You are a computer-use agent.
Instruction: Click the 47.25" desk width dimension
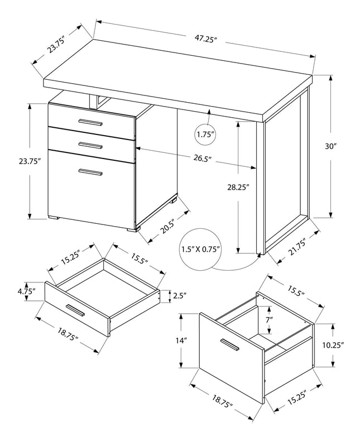tap(205, 40)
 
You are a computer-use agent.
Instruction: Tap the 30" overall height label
tap(332, 146)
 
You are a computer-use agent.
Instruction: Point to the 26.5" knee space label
tap(202, 159)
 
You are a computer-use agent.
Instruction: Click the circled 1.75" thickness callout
tap(205, 135)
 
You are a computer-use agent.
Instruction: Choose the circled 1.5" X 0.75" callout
tap(200, 249)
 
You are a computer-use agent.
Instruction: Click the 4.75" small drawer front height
tap(26, 291)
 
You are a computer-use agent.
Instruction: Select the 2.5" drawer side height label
tap(180, 295)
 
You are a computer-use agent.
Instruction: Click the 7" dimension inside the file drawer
tap(270, 320)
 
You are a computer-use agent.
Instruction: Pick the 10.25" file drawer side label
tap(336, 344)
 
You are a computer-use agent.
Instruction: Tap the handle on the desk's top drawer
tap(90, 122)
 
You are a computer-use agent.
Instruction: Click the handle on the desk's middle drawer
tap(90, 146)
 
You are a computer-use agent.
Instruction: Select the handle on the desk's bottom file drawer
tap(90, 172)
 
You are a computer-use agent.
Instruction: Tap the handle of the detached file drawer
tap(229, 344)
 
